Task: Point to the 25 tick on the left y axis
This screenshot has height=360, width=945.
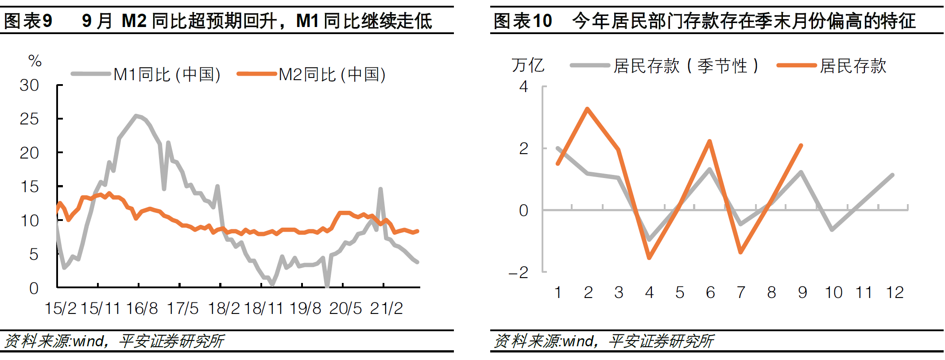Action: (x=29, y=119)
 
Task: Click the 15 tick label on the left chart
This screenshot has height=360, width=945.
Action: (x=29, y=186)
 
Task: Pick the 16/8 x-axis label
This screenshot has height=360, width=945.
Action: (x=142, y=308)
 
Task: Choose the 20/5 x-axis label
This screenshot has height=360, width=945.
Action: (x=345, y=308)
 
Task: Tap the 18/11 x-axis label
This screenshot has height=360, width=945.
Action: (x=263, y=308)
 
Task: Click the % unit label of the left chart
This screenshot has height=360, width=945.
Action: (x=35, y=61)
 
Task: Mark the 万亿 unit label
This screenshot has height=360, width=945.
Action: (x=528, y=65)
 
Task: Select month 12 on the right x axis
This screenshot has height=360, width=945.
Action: (x=894, y=292)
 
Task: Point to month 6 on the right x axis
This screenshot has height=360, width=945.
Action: (x=710, y=292)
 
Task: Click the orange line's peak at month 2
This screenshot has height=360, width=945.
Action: (x=588, y=108)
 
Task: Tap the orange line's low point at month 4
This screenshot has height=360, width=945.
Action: (x=649, y=257)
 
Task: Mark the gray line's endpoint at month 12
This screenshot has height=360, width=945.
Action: (x=892, y=175)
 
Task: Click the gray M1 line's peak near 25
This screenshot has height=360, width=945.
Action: (x=136, y=116)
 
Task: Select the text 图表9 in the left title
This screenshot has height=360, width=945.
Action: (x=27, y=21)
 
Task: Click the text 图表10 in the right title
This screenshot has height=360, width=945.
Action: (x=523, y=21)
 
